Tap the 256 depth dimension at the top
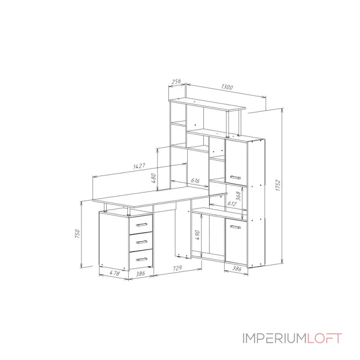click(176, 82)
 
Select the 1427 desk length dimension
click(139, 166)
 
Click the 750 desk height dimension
click(77, 234)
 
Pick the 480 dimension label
click(153, 178)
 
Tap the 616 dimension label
click(195, 180)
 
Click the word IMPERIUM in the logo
click(274, 338)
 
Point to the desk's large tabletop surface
click(157, 197)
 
